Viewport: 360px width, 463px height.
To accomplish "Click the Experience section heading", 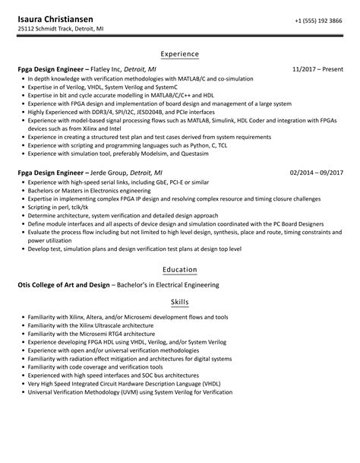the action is [179, 54].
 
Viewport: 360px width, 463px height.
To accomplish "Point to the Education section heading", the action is [179, 269].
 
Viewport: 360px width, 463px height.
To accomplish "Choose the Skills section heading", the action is [179, 302].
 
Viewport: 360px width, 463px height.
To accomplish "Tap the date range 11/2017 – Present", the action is [317, 69].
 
